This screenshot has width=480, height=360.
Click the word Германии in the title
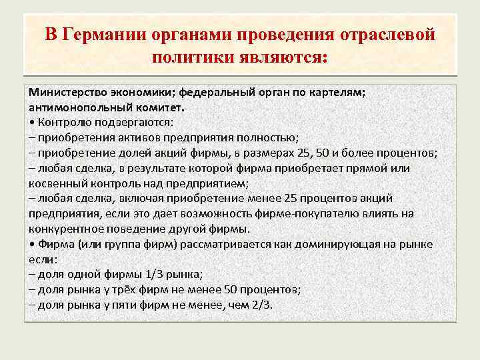[x=102, y=33]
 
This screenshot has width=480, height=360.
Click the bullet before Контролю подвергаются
[x=32, y=122]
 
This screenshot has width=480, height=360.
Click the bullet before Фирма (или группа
[x=32, y=244]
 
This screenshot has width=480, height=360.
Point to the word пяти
[x=123, y=305]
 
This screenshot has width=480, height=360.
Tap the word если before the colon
[x=39, y=259]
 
